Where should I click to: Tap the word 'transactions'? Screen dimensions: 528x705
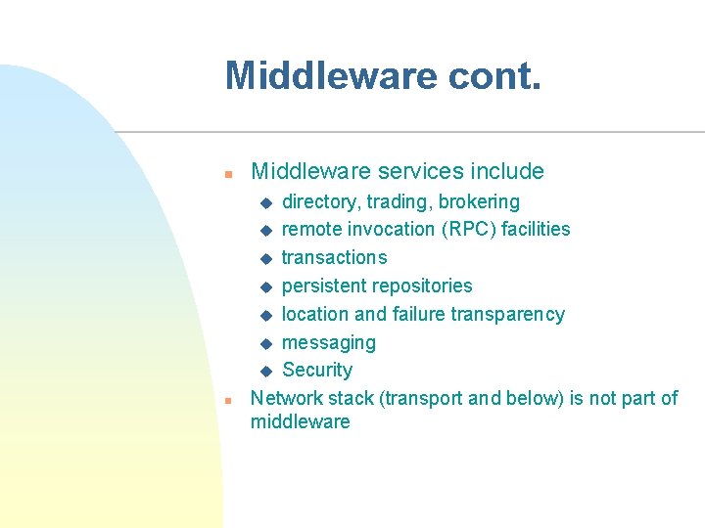[x=334, y=258]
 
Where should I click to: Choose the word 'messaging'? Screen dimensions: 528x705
[x=328, y=343]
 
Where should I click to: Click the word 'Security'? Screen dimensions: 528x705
[x=317, y=371]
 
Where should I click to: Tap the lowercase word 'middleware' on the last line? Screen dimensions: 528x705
[x=300, y=422]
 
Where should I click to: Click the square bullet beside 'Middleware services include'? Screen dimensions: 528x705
[x=226, y=174]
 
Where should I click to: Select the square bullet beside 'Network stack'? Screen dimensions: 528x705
[x=226, y=401]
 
